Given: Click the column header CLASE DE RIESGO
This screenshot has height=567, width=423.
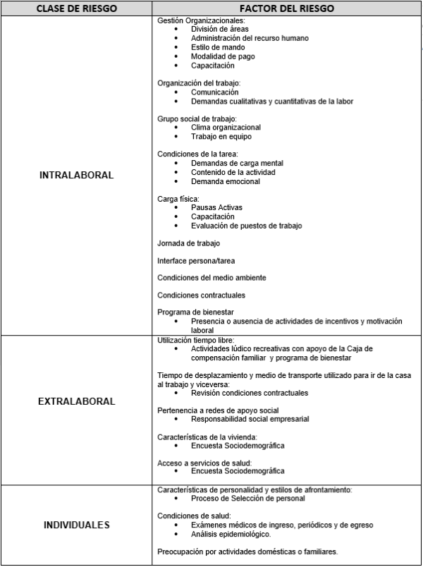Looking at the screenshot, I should [76, 8].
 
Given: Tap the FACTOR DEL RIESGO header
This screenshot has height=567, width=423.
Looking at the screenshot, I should [286, 8].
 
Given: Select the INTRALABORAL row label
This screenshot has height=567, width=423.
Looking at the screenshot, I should [76, 176].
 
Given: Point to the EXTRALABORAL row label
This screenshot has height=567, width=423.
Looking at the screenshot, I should [76, 401].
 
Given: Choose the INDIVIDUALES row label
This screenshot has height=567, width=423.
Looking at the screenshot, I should [76, 525].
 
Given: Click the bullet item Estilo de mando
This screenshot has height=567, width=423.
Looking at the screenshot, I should [218, 47].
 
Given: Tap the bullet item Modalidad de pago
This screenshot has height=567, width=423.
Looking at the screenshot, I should [223, 56].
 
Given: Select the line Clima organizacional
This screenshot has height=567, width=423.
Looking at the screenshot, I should [226, 128].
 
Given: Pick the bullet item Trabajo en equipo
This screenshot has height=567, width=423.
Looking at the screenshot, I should [221, 137].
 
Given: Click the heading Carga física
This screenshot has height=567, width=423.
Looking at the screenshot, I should [178, 199].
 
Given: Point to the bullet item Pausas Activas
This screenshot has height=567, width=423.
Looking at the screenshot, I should [216, 208].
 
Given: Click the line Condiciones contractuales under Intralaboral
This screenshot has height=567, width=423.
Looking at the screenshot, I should [202, 295].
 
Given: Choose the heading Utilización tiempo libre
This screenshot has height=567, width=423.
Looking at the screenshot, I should [195, 340].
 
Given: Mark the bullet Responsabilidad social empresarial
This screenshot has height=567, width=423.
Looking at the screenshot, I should [250, 419].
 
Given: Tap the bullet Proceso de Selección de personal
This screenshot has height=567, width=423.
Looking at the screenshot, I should [248, 499].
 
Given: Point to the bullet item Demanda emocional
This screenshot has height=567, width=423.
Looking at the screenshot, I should [226, 181].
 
